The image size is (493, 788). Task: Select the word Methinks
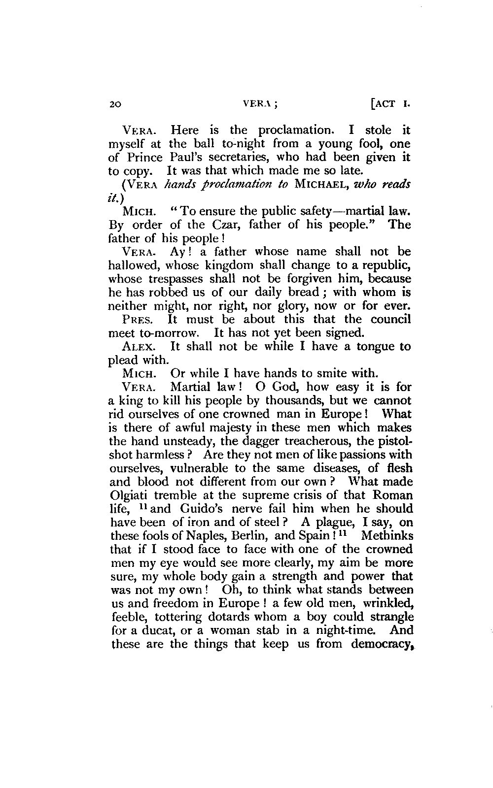pyautogui.click(x=387, y=536)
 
